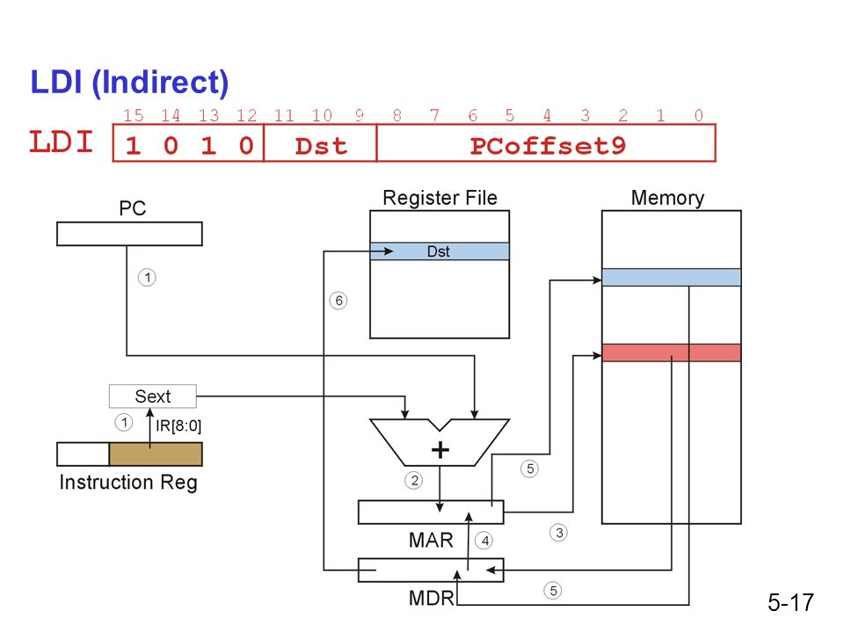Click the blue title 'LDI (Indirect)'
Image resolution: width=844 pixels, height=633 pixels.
pyautogui.click(x=129, y=83)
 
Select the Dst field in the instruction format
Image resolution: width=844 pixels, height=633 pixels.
pyautogui.click(x=321, y=146)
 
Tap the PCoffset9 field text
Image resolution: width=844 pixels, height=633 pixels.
pyautogui.click(x=548, y=146)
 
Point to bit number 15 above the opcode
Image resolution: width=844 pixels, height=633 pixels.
pyautogui.click(x=133, y=115)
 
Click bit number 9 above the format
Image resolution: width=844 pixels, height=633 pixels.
pyautogui.click(x=359, y=115)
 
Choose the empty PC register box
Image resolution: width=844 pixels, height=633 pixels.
pyautogui.click(x=129, y=234)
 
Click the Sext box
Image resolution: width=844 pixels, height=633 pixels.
pyautogui.click(x=152, y=397)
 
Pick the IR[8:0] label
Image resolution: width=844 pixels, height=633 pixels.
pyautogui.click(x=178, y=426)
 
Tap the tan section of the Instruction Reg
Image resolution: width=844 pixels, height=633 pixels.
pyautogui.click(x=156, y=455)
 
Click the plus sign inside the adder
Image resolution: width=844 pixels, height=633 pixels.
pyautogui.click(x=440, y=449)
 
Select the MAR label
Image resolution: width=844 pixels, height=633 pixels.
pyautogui.click(x=431, y=540)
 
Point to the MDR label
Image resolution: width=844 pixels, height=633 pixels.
pyautogui.click(x=431, y=598)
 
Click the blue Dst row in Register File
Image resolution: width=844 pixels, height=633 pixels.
pyautogui.click(x=440, y=251)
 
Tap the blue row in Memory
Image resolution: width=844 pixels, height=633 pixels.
pyautogui.click(x=671, y=277)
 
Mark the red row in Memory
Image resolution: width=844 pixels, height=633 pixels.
pyautogui.click(x=671, y=353)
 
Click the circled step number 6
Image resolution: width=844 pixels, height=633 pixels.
pyautogui.click(x=338, y=301)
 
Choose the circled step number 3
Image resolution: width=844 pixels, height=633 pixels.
pyautogui.click(x=559, y=533)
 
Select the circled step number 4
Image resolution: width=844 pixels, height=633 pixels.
pyautogui.click(x=484, y=541)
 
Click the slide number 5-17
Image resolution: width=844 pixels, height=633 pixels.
pyautogui.click(x=790, y=602)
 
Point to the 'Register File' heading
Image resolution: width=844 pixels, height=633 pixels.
pyautogui.click(x=440, y=198)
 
